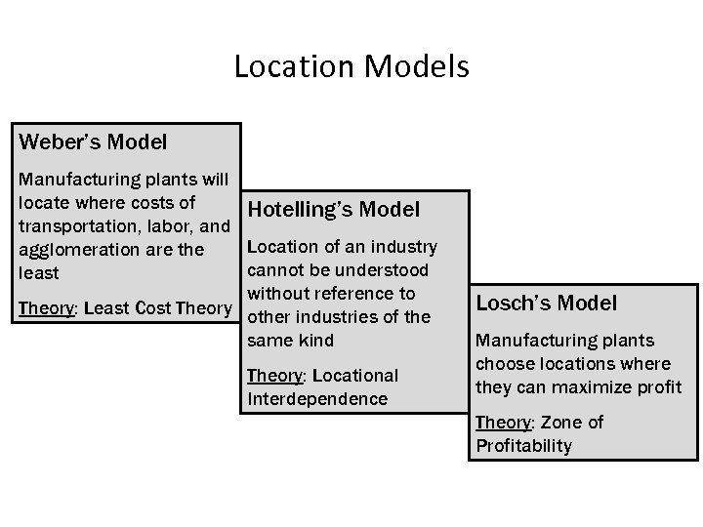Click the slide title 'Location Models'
pos(351,67)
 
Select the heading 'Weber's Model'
pos(93,142)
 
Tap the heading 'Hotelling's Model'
pos(334,210)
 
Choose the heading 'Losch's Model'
pos(546,303)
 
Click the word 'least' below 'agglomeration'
pos(38,273)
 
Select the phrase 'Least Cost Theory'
pos(158,308)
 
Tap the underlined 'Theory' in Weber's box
pos(46,308)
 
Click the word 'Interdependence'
pos(317,398)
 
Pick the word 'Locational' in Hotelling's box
pos(355,375)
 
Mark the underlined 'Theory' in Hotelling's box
pos(276,375)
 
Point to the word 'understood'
pos(386,269)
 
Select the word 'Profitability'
pos(523,446)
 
